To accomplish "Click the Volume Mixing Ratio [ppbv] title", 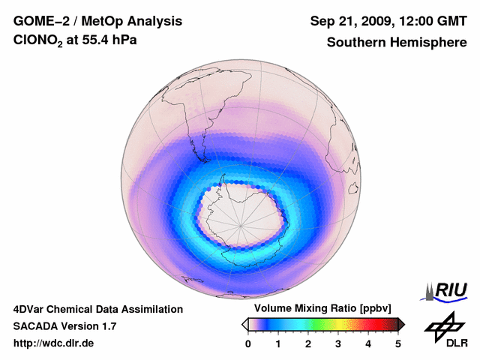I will tap(323, 309).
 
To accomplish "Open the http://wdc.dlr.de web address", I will tap(54, 343).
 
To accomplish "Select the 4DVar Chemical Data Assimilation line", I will tap(98, 309).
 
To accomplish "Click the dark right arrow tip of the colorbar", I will tap(401, 324).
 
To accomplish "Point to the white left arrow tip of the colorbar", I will tap(245, 324).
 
